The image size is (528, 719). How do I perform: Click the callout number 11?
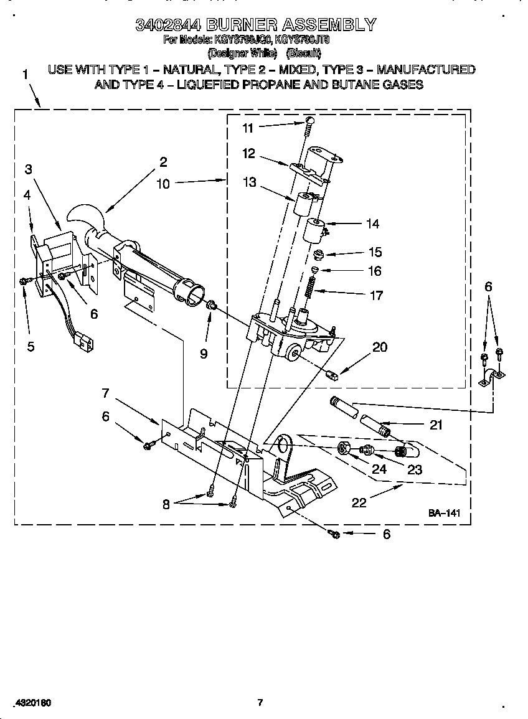point(248,128)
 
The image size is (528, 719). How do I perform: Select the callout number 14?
point(373,224)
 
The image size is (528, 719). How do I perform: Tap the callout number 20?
point(379,347)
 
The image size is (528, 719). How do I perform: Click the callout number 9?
point(204,354)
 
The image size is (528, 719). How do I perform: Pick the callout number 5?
point(31,347)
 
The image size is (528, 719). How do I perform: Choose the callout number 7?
point(106,393)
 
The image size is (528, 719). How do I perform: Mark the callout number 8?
point(166,505)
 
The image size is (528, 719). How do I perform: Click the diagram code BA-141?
point(444,514)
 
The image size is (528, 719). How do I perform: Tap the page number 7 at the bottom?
point(260,703)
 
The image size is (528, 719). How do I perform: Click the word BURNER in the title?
point(242,25)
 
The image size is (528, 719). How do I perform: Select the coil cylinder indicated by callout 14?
point(313,230)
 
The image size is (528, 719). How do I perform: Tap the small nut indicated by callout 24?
point(342,448)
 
